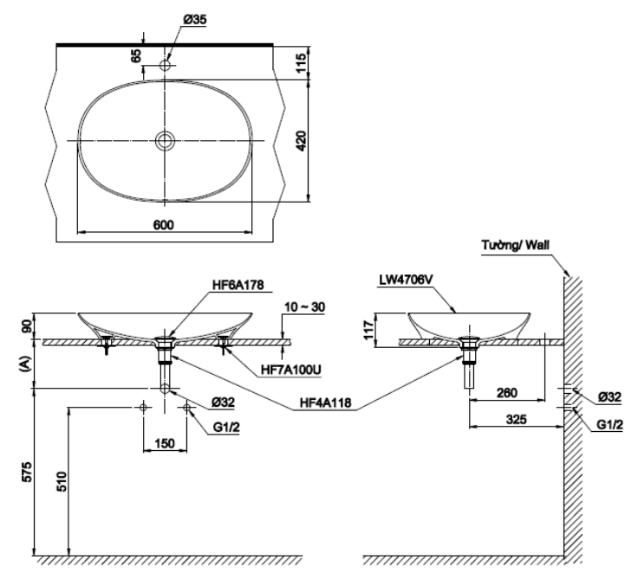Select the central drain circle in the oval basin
[x=165, y=140]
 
